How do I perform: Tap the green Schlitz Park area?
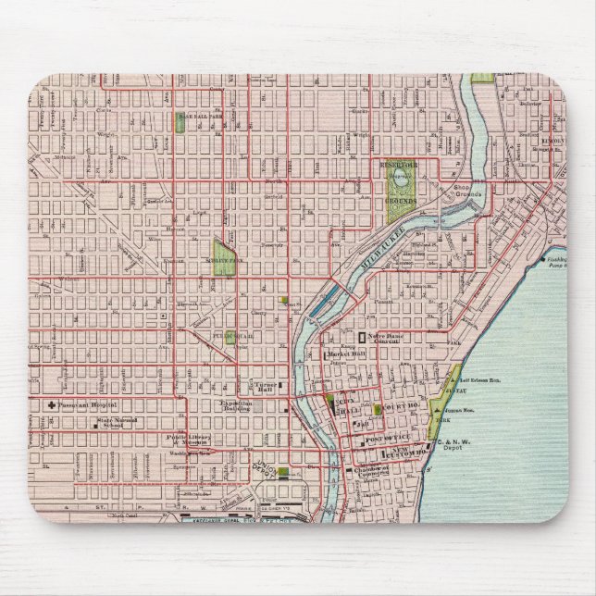[223, 256]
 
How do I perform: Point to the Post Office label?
[382, 436]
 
